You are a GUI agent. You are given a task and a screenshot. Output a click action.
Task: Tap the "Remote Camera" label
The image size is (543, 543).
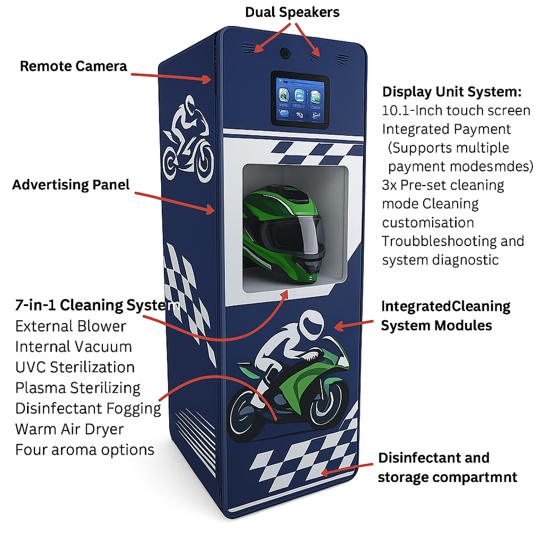pos(74,66)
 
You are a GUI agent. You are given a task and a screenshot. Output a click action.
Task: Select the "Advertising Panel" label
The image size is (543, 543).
pos(71,184)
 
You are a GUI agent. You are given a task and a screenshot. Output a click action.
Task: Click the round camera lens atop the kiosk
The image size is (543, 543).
pos(286,53)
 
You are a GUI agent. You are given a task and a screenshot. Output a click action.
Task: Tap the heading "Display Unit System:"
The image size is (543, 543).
pos(451,92)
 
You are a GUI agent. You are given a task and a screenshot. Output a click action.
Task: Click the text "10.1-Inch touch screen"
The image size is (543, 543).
pos(456,110)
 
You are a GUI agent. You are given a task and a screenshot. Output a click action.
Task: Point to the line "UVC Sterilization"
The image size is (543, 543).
pos(75,367)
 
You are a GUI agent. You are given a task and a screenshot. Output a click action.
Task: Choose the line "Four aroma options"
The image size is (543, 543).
pos(85,450)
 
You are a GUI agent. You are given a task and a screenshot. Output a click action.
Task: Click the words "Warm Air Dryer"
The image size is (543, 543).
pos(69,429)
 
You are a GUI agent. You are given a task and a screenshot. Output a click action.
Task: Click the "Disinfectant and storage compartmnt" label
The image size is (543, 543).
pos(447,467)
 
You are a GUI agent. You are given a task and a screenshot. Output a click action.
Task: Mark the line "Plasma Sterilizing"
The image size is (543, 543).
pos(77,388)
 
